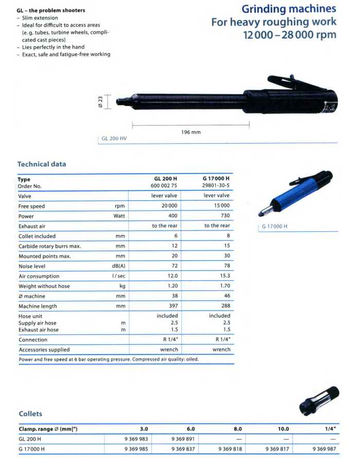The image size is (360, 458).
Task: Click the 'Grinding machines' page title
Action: tap(289, 9)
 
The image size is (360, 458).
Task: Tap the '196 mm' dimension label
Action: tap(191, 132)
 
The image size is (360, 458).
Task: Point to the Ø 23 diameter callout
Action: tap(101, 101)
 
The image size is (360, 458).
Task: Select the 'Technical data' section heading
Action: tap(42, 164)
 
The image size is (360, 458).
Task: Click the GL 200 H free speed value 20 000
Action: tap(167, 206)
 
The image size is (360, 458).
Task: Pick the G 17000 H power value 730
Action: tap(224, 216)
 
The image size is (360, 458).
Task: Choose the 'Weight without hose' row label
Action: tap(44, 286)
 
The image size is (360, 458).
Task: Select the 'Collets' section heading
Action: tap(30, 413)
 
